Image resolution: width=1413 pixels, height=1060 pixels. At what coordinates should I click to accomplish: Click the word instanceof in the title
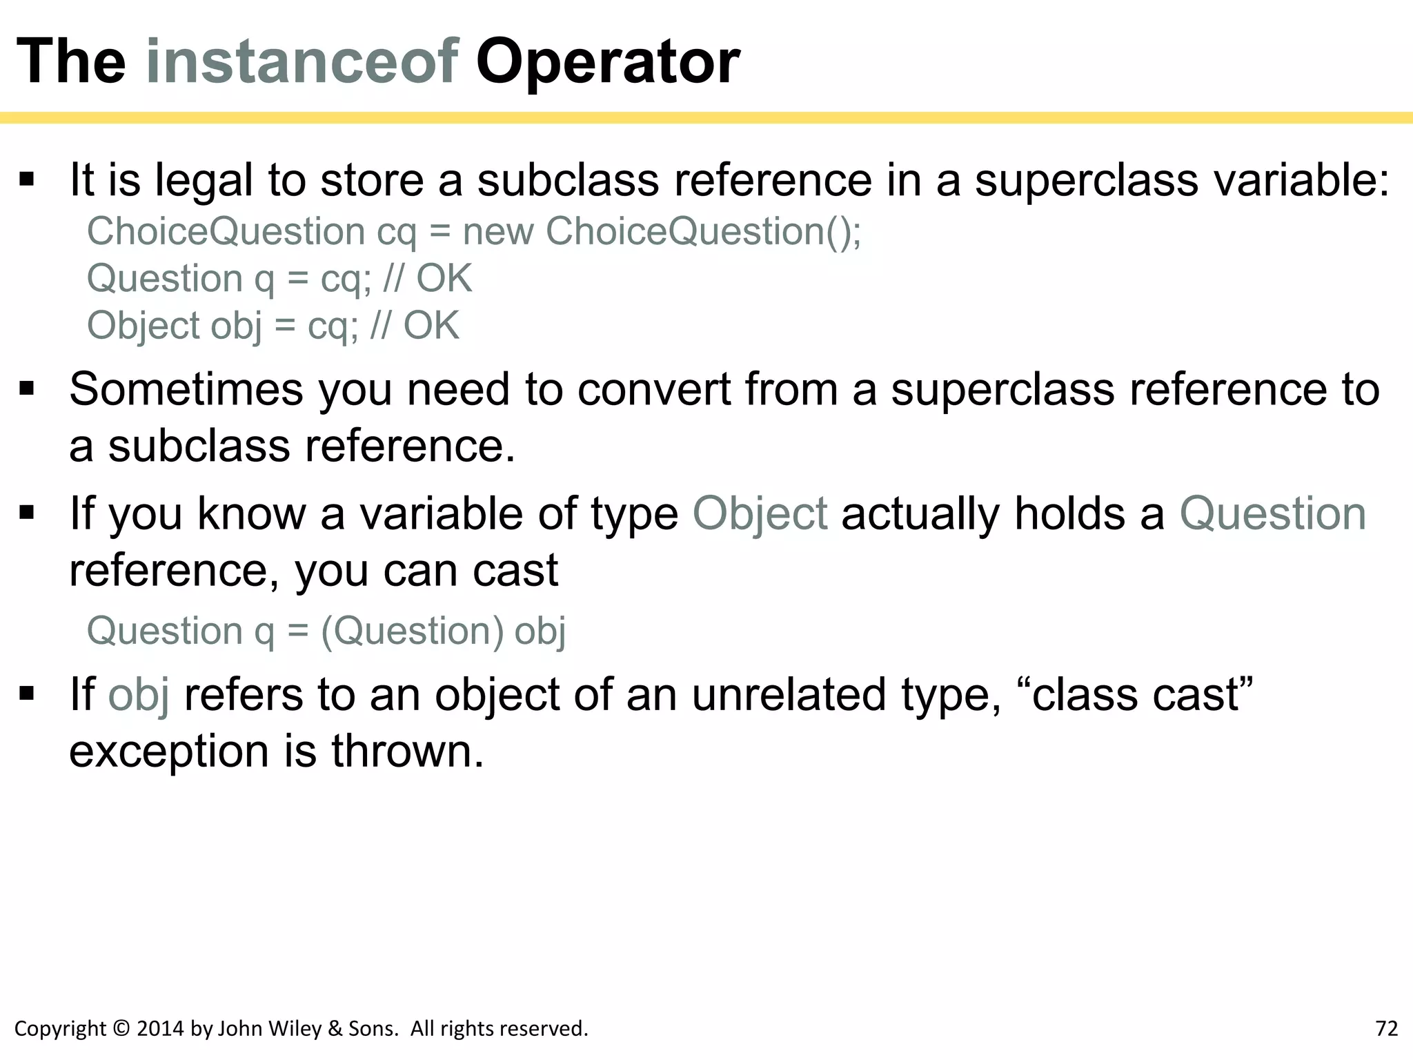(x=302, y=62)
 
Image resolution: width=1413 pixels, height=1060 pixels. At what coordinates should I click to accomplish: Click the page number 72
(x=1386, y=1028)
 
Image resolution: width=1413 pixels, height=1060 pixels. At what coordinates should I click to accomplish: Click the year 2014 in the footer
(x=161, y=1028)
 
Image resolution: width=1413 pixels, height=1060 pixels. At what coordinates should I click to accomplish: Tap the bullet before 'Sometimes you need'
(x=27, y=389)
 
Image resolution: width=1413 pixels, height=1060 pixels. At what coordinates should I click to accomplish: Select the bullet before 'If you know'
(x=27, y=513)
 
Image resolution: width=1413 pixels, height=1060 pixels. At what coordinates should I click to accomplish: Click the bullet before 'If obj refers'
(x=27, y=694)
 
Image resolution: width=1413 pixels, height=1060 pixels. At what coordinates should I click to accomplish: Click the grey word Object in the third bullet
(x=760, y=515)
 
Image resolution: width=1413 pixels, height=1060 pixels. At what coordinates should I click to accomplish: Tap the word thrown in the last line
(x=407, y=751)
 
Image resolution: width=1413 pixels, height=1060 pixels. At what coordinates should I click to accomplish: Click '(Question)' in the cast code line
(x=413, y=631)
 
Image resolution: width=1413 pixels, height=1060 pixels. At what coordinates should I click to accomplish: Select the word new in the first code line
(x=498, y=231)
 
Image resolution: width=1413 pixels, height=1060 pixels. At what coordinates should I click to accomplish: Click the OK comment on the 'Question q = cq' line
(x=444, y=279)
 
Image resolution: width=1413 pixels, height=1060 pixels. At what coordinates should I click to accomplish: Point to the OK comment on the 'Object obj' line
(x=431, y=326)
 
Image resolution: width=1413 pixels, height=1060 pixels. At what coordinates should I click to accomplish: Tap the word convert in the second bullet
(x=653, y=389)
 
